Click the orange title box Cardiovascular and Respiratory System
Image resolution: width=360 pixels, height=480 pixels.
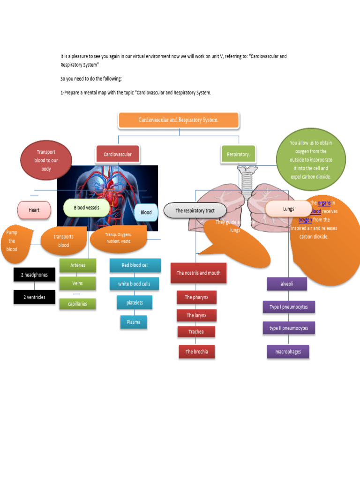[179, 120]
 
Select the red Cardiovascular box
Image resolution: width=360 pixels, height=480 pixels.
[118, 154]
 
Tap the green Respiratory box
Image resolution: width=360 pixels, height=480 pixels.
[238, 154]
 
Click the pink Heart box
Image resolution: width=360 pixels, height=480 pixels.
[34, 210]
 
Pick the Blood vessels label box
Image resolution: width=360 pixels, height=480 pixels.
[86, 208]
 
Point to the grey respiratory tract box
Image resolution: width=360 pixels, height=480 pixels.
[195, 211]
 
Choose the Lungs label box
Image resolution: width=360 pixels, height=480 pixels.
[288, 209]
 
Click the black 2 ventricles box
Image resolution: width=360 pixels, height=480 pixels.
[34, 297]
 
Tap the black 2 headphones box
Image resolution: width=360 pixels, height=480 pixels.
[34, 275]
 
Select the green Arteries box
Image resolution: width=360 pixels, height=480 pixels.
[78, 265]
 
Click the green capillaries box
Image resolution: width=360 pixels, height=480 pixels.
[77, 304]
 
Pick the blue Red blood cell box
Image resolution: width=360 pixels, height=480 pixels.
[135, 265]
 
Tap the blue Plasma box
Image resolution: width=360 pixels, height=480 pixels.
[133, 322]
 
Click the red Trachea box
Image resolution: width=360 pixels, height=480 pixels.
[196, 332]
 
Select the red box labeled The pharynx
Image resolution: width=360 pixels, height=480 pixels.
[196, 297]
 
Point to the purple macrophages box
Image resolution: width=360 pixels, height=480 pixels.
[288, 352]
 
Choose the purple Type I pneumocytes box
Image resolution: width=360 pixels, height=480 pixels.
[288, 307]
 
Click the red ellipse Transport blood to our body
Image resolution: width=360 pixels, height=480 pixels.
[46, 160]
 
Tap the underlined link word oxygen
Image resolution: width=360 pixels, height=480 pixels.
[305, 219]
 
